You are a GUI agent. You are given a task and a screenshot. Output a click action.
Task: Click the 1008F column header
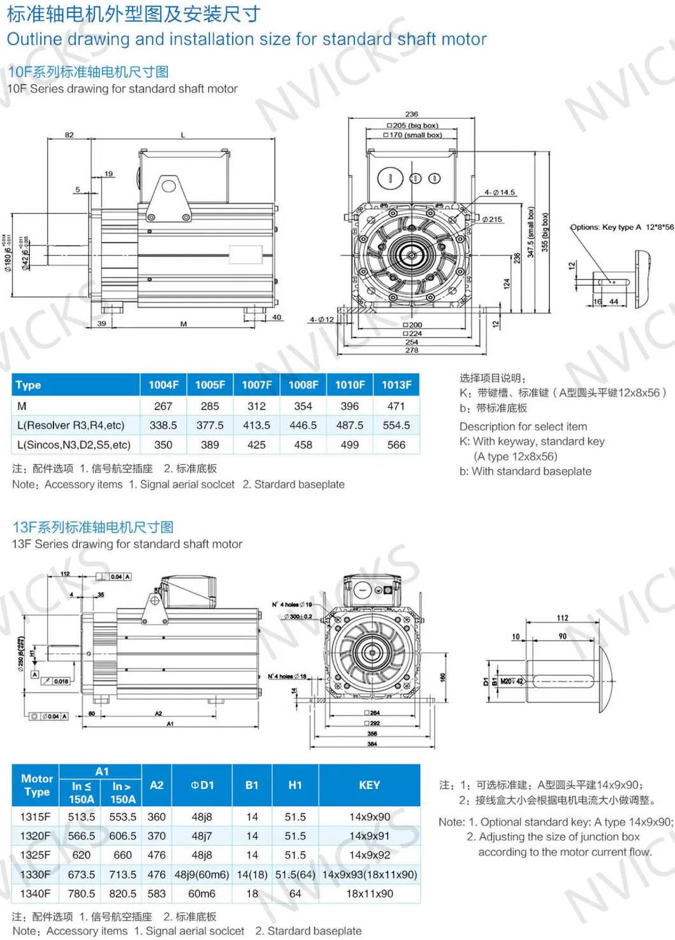pyautogui.click(x=303, y=385)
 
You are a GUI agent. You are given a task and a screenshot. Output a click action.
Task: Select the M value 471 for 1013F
pyautogui.click(x=396, y=406)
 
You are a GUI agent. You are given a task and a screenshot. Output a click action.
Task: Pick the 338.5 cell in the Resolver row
pyautogui.click(x=163, y=425)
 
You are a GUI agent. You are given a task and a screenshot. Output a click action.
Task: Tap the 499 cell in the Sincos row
pyautogui.click(x=349, y=445)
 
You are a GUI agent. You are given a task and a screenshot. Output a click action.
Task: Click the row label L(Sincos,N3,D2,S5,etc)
pyautogui.click(x=74, y=445)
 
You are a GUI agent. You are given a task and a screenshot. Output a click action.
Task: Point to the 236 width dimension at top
pyautogui.click(x=412, y=114)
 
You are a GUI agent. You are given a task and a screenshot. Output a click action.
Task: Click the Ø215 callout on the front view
pyautogui.click(x=491, y=219)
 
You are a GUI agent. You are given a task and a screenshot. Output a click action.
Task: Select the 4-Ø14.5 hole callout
pyautogui.click(x=499, y=192)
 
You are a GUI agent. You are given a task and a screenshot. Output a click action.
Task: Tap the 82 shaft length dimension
pyautogui.click(x=69, y=135)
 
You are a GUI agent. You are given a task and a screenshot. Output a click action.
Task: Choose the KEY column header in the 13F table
pyautogui.click(x=369, y=785)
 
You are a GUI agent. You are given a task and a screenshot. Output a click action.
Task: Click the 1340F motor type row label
pyautogui.click(x=35, y=894)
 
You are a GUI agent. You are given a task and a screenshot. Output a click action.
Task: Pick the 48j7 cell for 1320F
pyautogui.click(x=201, y=836)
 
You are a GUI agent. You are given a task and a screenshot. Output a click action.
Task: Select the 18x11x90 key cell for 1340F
pyautogui.click(x=369, y=894)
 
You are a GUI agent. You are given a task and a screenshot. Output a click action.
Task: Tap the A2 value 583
pyautogui.click(x=156, y=894)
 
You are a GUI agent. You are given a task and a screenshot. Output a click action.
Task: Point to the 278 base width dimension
pyautogui.click(x=412, y=350)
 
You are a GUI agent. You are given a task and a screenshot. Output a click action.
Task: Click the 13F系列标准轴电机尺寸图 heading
pyautogui.click(x=93, y=527)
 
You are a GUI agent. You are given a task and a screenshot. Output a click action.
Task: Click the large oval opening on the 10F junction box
pyautogui.click(x=390, y=178)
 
